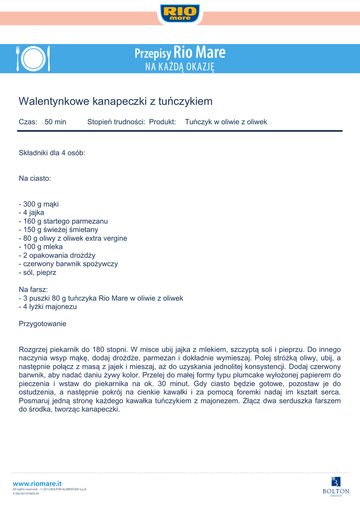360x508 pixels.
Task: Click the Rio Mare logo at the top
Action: (180, 13)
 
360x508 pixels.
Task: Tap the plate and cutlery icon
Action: (33, 59)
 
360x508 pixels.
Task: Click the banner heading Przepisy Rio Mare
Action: (180, 52)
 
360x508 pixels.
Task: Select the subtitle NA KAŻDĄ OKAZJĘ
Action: (180, 66)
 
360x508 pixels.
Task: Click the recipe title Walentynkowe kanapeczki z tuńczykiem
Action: (115, 102)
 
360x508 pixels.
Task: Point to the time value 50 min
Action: (55, 122)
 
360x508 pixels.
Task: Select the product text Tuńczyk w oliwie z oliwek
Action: (226, 122)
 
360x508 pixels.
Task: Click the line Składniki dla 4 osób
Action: (52, 153)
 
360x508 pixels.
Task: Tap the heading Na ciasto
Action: (35, 178)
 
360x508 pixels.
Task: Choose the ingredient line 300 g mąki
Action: (39, 204)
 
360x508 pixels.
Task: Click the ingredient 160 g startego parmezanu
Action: (63, 221)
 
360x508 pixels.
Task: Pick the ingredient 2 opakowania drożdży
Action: (57, 255)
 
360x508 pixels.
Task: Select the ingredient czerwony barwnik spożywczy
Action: (68, 264)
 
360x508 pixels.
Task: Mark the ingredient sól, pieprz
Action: (38, 272)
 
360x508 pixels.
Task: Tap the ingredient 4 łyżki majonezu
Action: (48, 307)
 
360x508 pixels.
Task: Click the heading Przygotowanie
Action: (42, 324)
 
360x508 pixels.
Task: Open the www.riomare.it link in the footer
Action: (37, 483)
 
